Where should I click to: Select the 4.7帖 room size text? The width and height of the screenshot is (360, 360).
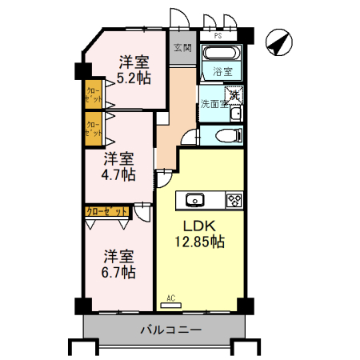118,174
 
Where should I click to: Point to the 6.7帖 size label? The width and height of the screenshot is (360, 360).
119,272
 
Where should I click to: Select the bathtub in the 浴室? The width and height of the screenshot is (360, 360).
221,54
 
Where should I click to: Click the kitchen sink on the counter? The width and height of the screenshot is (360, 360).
195,200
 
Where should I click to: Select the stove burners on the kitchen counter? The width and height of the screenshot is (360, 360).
234,200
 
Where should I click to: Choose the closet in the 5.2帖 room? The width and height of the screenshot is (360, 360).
94,97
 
